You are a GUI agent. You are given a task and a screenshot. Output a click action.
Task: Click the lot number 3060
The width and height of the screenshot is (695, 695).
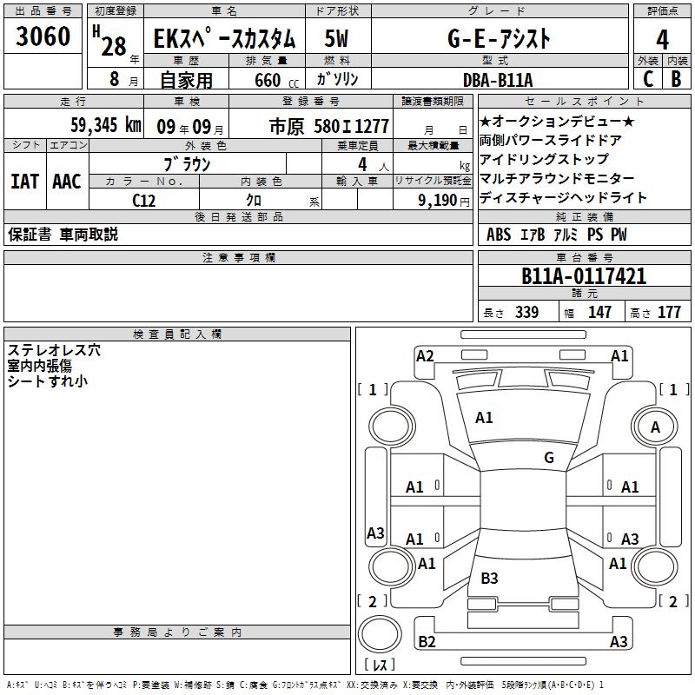43,36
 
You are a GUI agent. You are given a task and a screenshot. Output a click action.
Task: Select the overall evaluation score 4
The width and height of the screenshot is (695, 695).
662,40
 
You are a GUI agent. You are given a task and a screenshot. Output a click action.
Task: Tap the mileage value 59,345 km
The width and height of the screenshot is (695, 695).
106,125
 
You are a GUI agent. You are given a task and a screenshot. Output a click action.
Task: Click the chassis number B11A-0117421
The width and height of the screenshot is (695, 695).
584,276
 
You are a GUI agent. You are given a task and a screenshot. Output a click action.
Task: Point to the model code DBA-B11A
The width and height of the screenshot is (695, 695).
497,80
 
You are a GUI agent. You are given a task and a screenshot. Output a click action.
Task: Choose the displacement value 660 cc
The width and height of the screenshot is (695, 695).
276,81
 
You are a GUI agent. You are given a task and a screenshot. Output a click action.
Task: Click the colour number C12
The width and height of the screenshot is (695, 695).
143,201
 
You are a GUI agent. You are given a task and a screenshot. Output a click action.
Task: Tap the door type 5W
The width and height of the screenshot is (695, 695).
336,38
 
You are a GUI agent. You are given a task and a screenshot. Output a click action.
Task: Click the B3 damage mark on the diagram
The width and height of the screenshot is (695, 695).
489,578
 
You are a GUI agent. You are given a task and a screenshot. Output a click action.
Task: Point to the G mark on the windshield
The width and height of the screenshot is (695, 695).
549,458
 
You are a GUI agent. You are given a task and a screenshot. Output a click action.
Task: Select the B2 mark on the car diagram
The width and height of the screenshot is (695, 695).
427,641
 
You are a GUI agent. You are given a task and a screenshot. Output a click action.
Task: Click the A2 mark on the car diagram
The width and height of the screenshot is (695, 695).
425,356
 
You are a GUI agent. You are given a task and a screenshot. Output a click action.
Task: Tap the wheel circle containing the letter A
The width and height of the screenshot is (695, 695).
655,427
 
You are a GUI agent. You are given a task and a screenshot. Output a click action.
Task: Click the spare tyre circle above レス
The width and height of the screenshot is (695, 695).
380,635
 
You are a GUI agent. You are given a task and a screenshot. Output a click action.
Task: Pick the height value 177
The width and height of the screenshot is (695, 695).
669,312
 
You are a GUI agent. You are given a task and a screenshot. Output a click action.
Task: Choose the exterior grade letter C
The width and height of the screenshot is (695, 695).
648,79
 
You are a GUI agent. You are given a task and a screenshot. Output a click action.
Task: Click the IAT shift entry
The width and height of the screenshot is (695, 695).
25,182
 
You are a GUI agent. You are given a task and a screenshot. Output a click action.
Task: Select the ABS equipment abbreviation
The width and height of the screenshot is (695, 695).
499,235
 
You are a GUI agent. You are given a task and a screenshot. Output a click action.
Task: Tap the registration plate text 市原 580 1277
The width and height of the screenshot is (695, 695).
329,127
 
